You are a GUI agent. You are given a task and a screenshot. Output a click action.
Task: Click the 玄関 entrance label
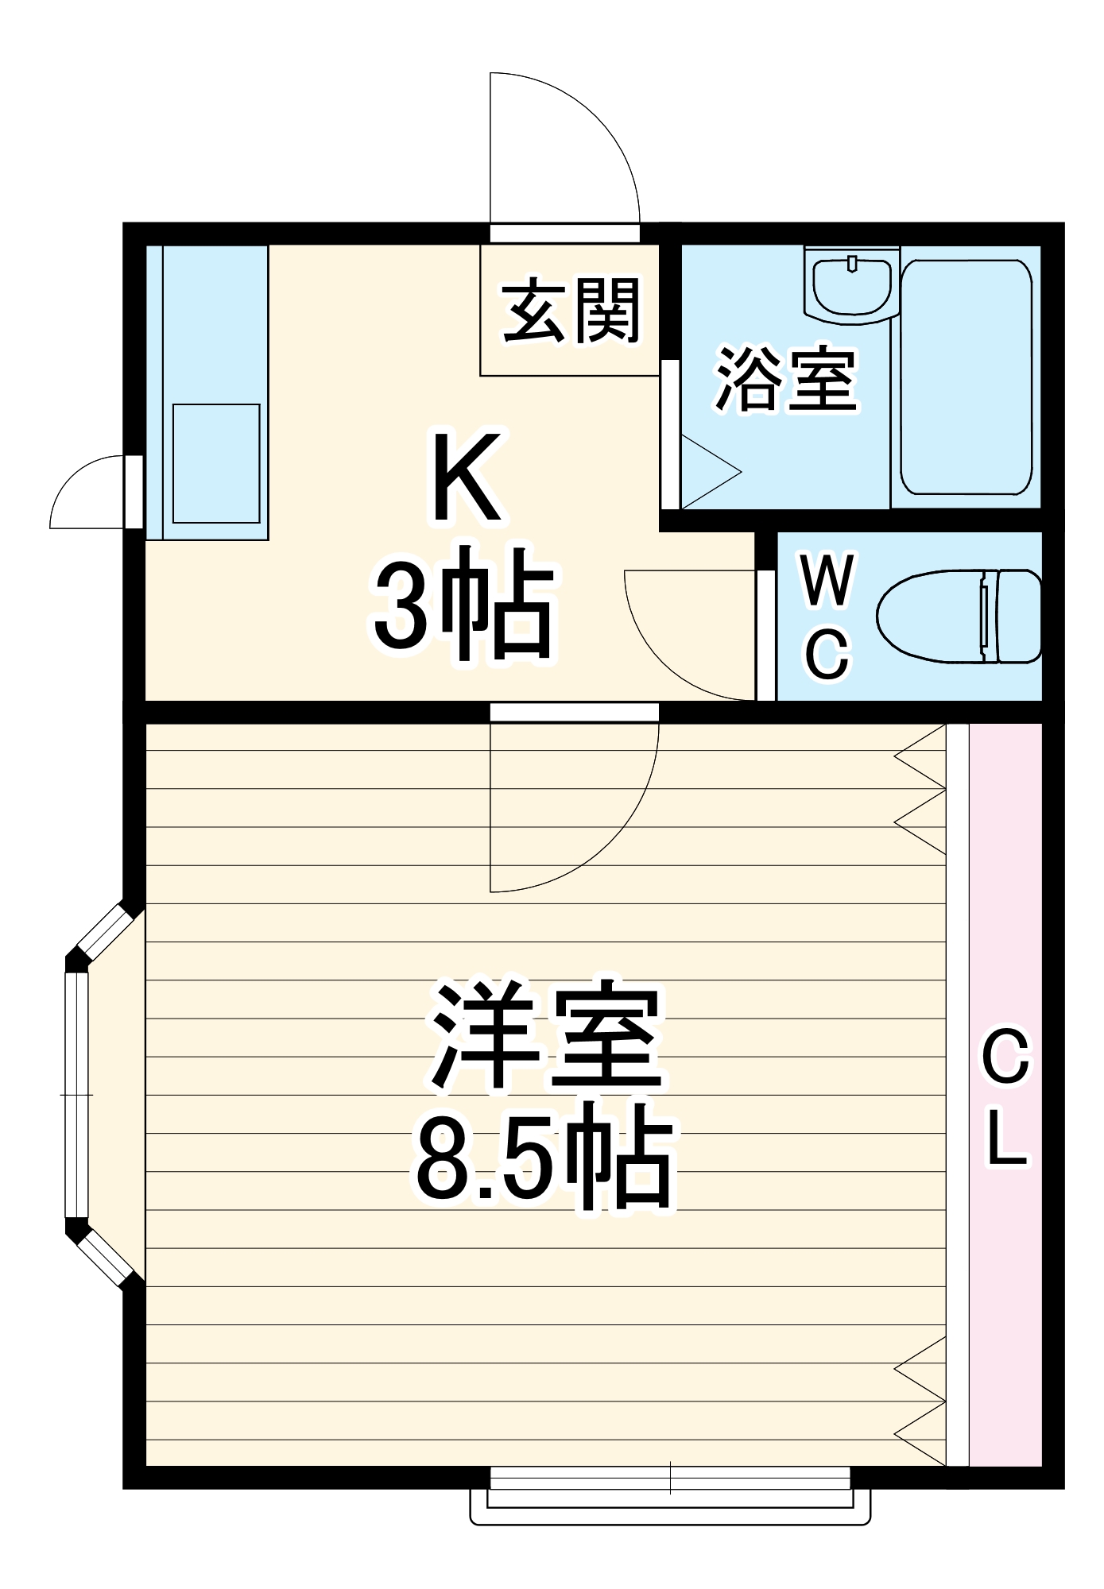tap(571, 311)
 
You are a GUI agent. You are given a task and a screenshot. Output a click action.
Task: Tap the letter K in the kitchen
tap(467, 477)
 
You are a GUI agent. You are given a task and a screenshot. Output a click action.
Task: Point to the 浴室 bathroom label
tap(786, 381)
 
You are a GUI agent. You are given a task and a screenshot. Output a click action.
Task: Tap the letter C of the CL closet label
tap(1006, 1056)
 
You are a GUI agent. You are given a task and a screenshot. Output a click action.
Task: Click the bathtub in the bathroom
tap(966, 377)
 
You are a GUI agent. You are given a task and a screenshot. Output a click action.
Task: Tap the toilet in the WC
tap(959, 616)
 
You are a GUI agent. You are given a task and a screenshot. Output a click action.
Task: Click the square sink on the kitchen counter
tap(216, 463)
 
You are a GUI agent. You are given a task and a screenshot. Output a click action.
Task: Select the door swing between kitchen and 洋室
tap(572, 810)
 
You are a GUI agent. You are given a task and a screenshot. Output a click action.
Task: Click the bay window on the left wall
tap(78, 1095)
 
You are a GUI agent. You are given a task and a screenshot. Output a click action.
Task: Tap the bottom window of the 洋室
tap(670, 1494)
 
